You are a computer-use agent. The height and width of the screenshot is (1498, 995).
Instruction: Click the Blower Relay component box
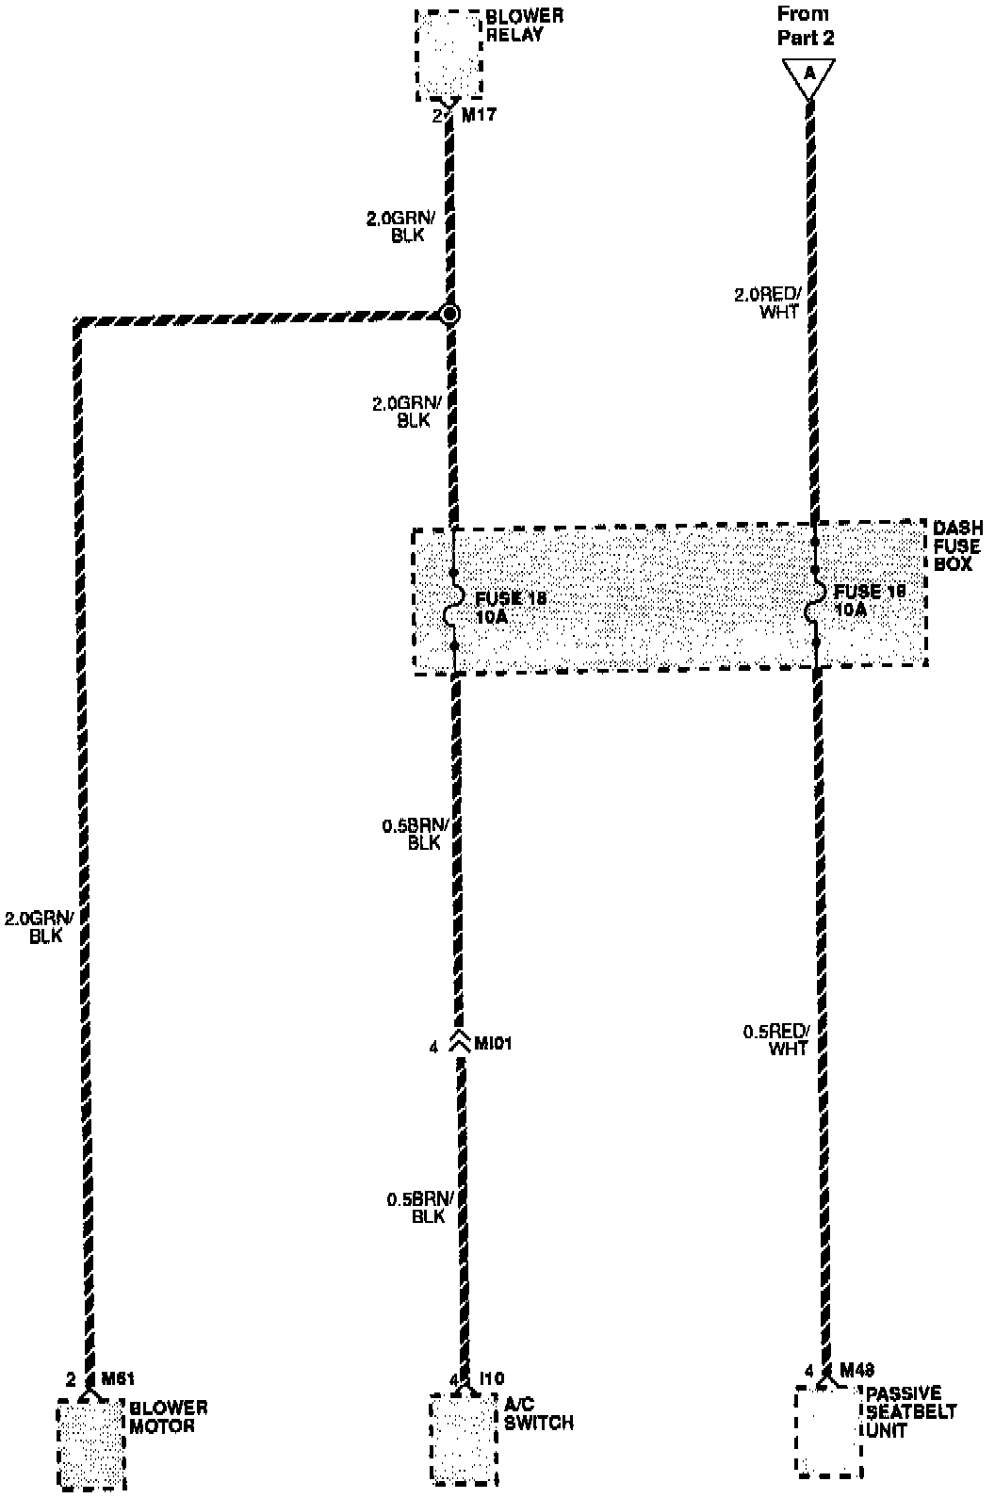click(449, 55)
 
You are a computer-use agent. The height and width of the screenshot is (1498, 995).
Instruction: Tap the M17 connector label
click(478, 116)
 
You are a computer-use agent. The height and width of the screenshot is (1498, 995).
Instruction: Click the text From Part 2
click(804, 26)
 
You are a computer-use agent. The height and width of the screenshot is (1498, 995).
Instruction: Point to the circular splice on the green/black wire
click(450, 314)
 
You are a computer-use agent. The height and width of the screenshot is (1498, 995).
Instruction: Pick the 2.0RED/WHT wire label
click(767, 303)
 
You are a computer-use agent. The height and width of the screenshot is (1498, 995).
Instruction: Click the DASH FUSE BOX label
click(956, 545)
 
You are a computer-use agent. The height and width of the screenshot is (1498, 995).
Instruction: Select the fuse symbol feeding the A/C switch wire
click(453, 610)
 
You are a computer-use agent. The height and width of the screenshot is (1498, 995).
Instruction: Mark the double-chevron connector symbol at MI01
click(459, 1042)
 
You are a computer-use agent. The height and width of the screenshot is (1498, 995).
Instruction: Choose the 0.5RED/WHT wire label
click(776, 1039)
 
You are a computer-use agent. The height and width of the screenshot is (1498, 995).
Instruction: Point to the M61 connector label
click(118, 1379)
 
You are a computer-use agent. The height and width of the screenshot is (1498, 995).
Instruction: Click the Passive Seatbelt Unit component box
click(828, 1430)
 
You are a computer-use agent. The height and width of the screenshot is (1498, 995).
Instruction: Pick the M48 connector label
click(856, 1369)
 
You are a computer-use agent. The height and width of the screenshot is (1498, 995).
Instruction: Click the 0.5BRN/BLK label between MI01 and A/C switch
click(420, 1208)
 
